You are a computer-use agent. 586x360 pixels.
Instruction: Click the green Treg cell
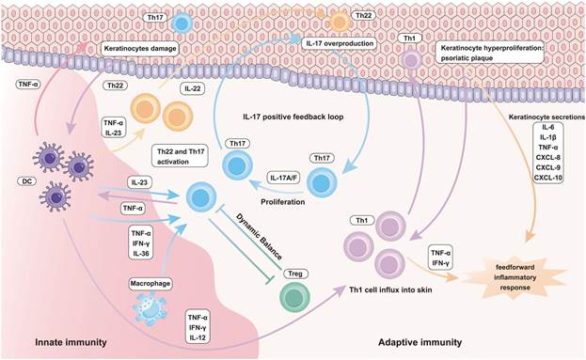(x=294, y=298)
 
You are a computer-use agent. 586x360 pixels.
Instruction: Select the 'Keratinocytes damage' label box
(x=140, y=49)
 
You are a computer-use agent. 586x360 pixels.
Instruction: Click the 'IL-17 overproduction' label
(x=340, y=43)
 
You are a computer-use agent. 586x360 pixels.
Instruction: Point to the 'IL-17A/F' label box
(x=284, y=178)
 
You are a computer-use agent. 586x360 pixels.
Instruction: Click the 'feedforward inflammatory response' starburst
(x=515, y=277)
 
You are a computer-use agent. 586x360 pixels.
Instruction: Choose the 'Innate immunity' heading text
(x=71, y=342)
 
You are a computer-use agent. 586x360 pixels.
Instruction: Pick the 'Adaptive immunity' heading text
(x=420, y=342)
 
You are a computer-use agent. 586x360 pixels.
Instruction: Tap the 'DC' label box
(x=26, y=181)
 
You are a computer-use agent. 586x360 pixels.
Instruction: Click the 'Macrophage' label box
(x=150, y=284)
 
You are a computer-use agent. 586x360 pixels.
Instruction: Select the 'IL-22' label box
(x=193, y=88)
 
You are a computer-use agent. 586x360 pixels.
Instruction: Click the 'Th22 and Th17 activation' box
(x=181, y=156)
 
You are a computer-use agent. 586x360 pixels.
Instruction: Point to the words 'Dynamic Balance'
(x=259, y=236)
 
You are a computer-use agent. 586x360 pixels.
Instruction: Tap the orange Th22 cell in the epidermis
(x=341, y=22)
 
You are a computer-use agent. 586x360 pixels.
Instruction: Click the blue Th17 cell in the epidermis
(x=182, y=23)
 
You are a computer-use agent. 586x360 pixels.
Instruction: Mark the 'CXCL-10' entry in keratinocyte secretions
(x=548, y=178)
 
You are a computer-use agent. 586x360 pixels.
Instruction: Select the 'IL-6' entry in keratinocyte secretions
(x=548, y=127)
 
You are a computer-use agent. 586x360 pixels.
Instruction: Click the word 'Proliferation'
(x=283, y=202)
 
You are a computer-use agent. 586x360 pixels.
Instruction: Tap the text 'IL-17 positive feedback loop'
(x=293, y=117)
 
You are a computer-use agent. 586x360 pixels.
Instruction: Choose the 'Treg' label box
(x=295, y=274)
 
